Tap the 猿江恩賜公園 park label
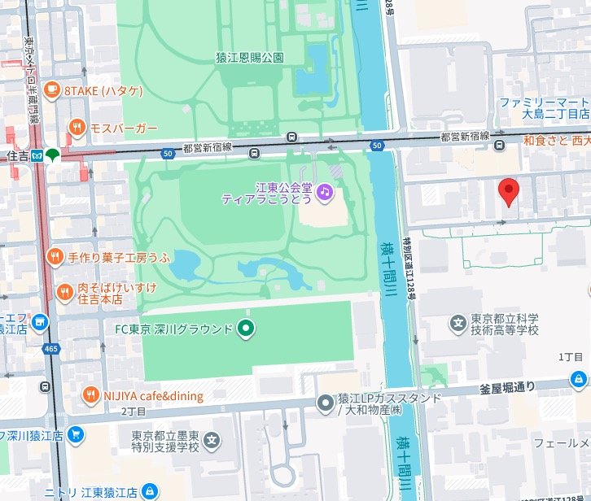tap(249, 58)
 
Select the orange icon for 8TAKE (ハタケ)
tap(52, 90)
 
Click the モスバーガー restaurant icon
tap(77, 127)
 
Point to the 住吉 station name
tap(17, 155)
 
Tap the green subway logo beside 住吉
tap(53, 155)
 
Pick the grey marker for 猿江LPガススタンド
tap(326, 403)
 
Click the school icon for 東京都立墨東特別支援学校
tap(212, 442)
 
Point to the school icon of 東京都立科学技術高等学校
tap(457, 325)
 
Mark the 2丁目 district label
tap(133, 412)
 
